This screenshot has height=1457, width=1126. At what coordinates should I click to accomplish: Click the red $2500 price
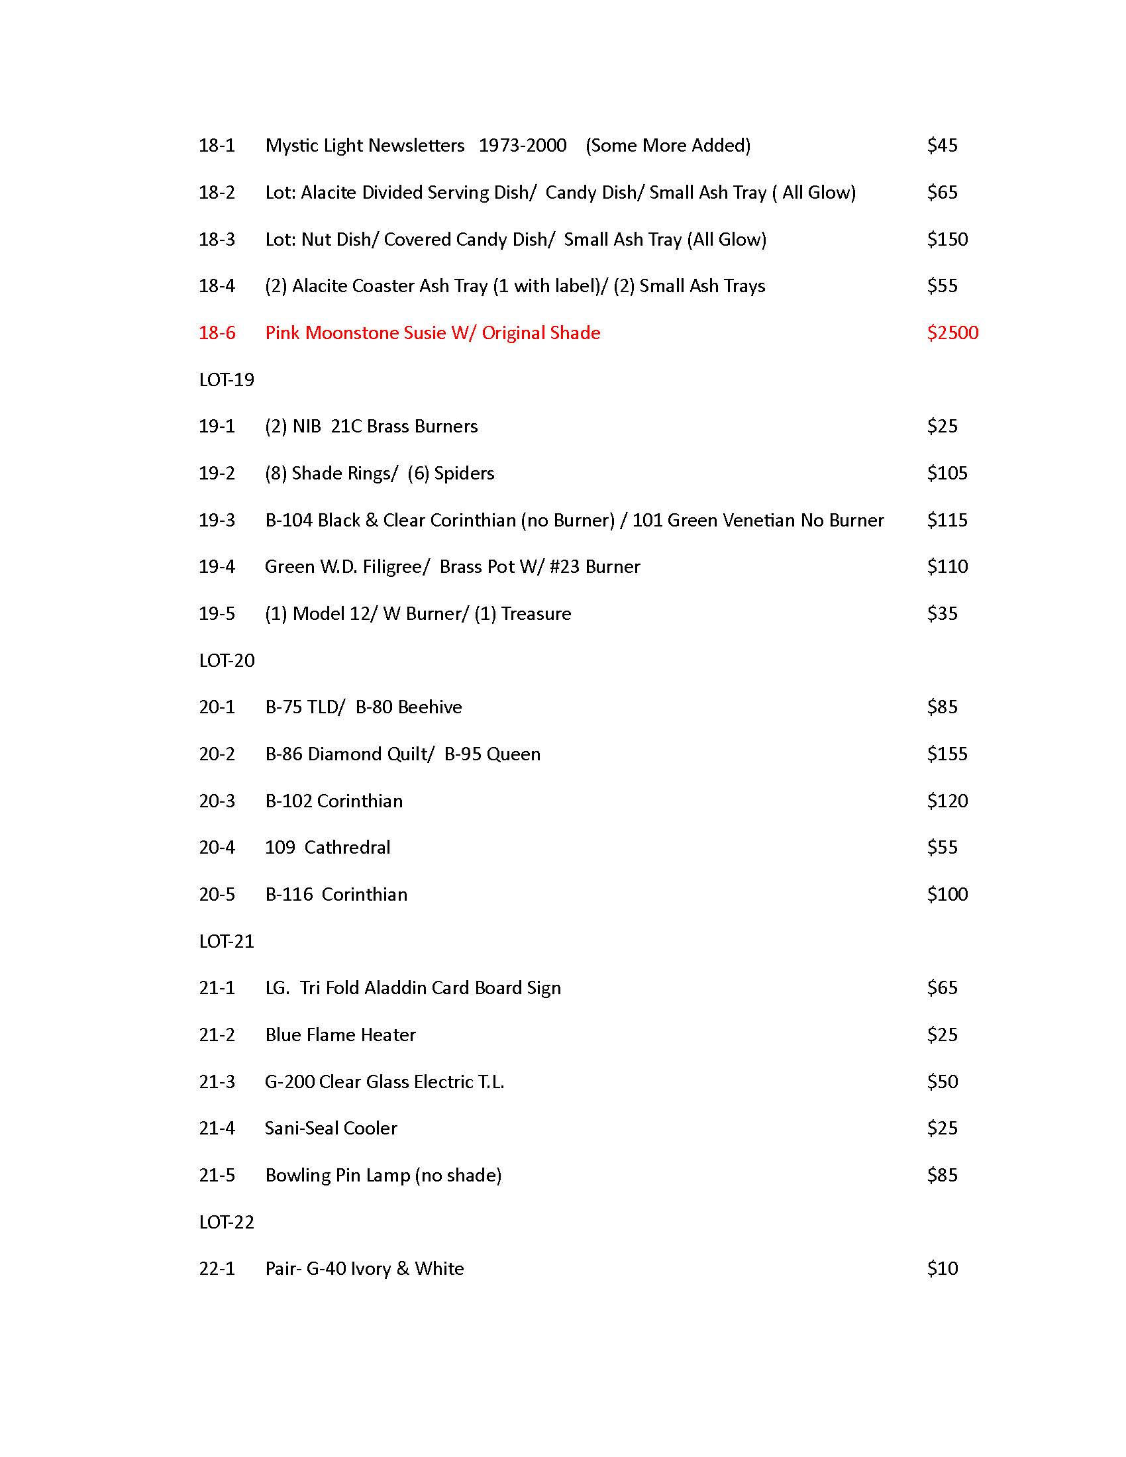point(952,333)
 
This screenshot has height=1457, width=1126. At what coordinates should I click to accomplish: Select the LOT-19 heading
point(226,380)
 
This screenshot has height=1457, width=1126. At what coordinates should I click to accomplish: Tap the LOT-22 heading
point(226,1222)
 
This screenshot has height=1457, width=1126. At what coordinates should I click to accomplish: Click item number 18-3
point(217,240)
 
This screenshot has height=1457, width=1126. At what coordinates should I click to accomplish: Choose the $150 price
point(947,240)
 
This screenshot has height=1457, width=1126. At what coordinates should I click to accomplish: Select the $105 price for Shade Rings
point(947,474)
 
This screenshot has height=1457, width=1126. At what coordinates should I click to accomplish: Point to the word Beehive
point(431,707)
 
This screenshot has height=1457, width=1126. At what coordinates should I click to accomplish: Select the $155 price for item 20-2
point(947,754)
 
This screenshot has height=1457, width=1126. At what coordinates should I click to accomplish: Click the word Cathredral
point(348,848)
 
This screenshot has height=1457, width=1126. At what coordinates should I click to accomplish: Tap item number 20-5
point(217,895)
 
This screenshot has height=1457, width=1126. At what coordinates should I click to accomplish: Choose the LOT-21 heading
point(226,941)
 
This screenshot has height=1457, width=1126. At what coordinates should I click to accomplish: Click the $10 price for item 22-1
point(942,1268)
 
